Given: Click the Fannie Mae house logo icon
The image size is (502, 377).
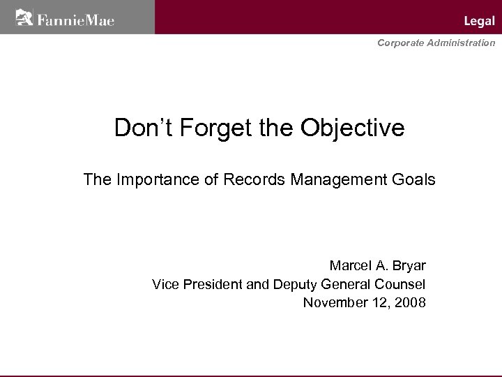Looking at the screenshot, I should (24, 17).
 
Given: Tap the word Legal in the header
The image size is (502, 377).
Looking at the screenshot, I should (479, 22).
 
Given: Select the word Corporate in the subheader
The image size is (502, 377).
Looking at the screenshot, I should (400, 43).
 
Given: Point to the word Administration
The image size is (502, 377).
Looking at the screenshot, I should (461, 43).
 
